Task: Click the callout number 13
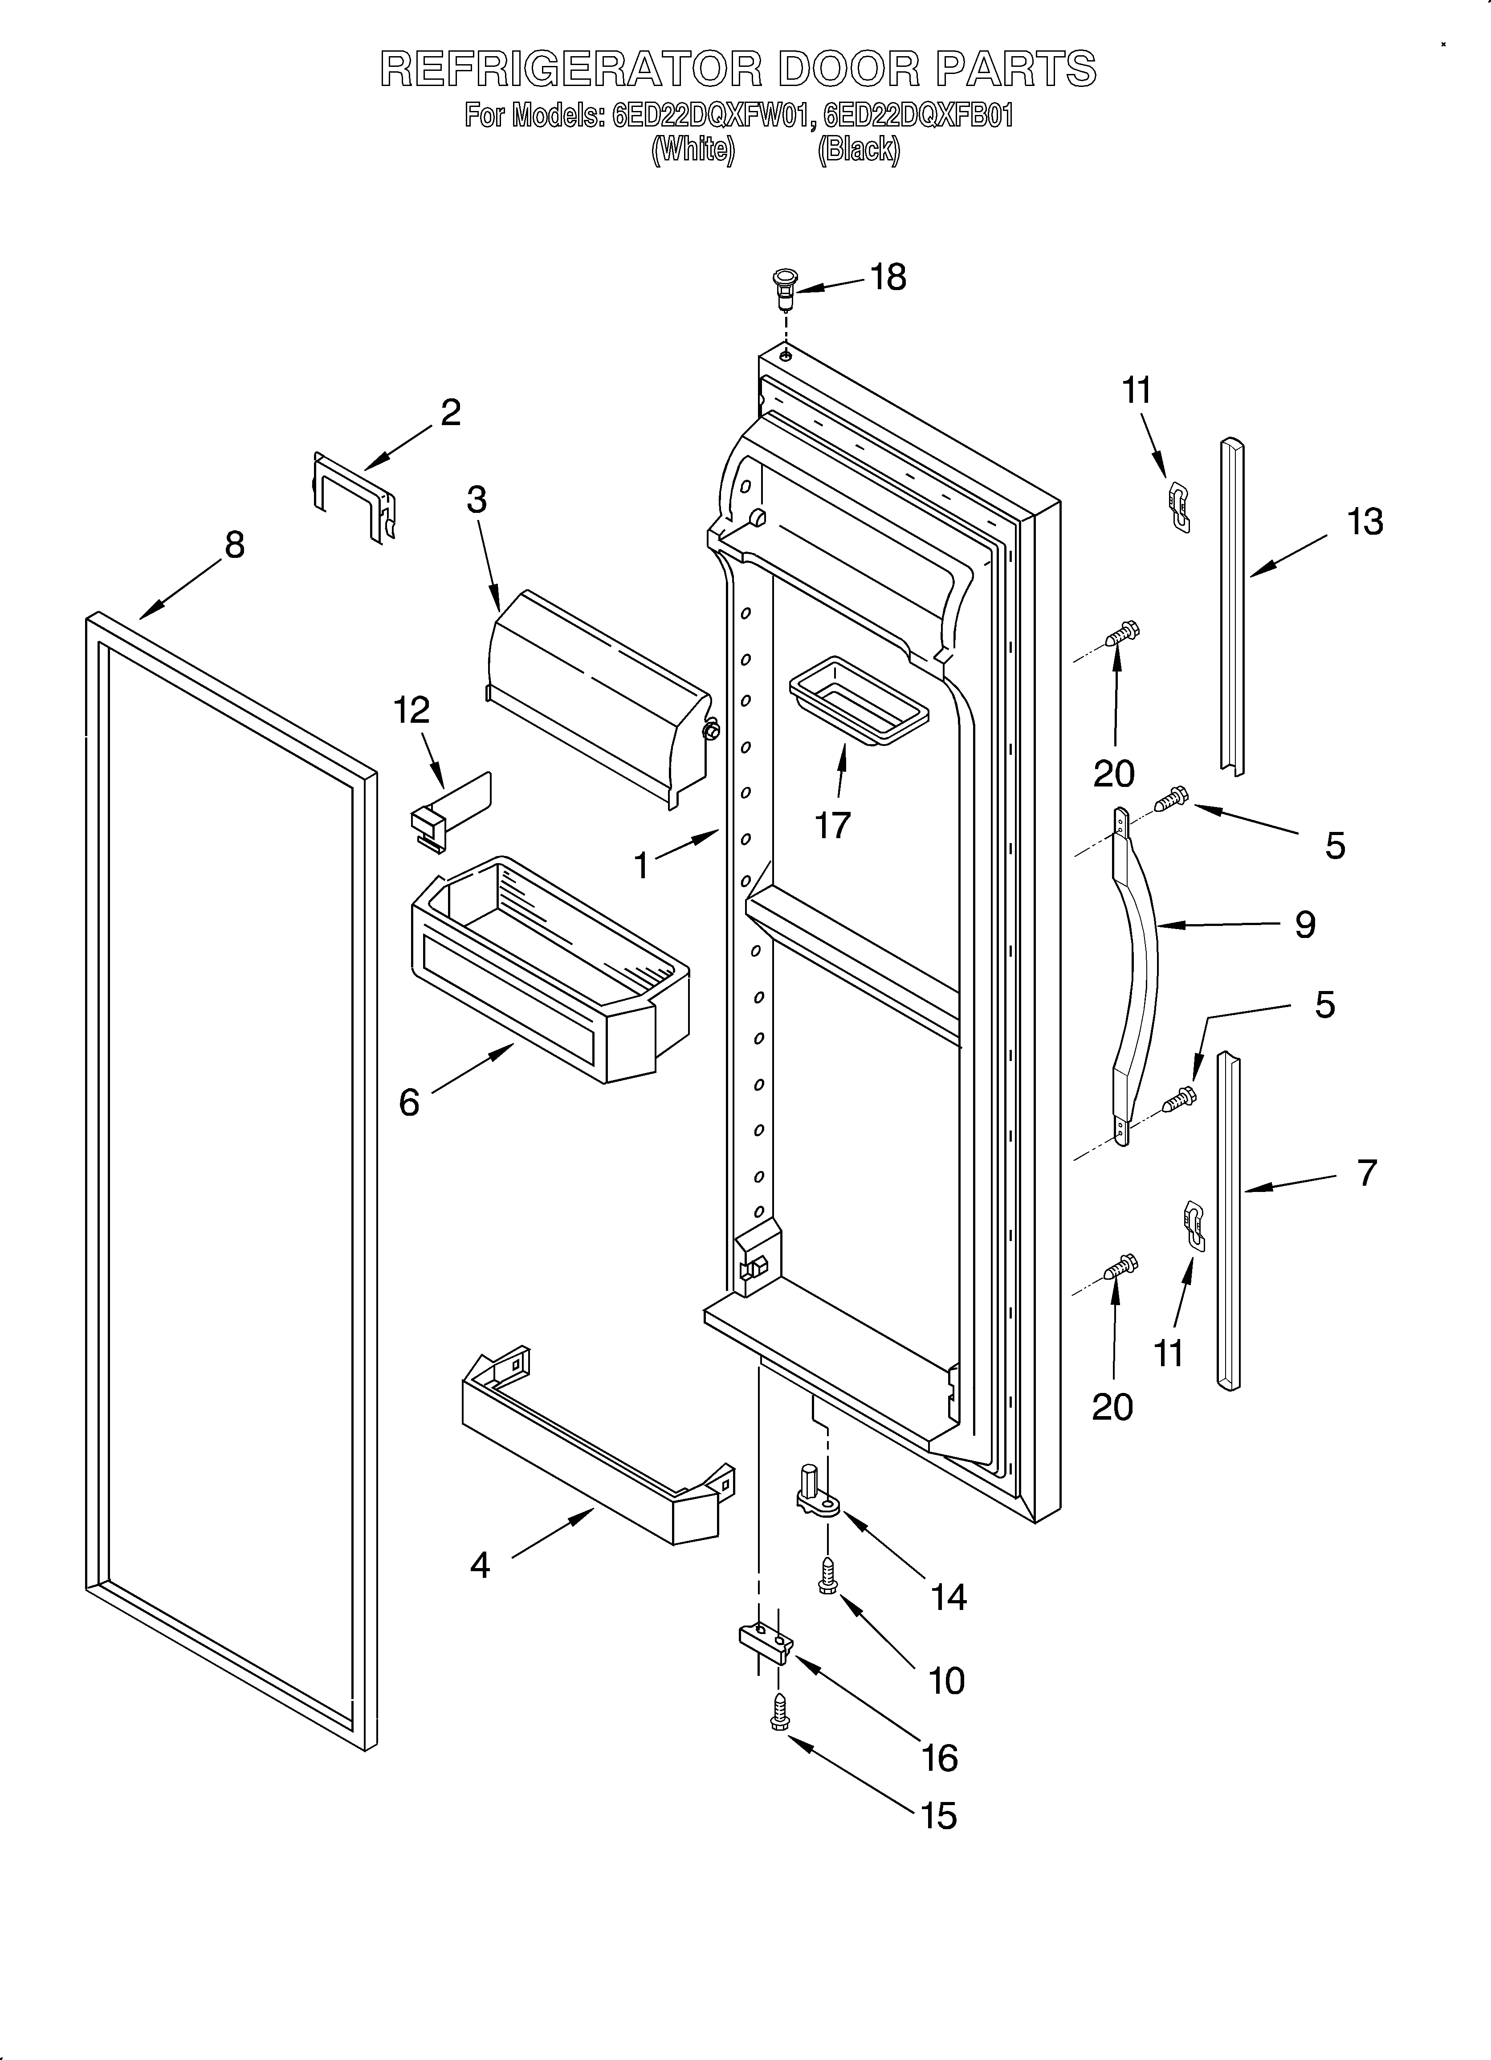pyautogui.click(x=1365, y=522)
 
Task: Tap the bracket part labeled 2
pyautogui.click(x=354, y=498)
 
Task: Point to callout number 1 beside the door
pyautogui.click(x=642, y=866)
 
